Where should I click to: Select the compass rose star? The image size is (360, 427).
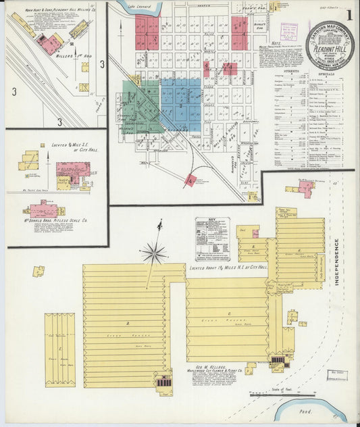pos(155,254)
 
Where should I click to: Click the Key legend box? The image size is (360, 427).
pos(212,238)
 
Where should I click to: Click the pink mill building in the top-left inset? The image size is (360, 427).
pos(48,44)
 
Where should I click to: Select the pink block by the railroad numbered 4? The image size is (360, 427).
pos(191,180)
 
